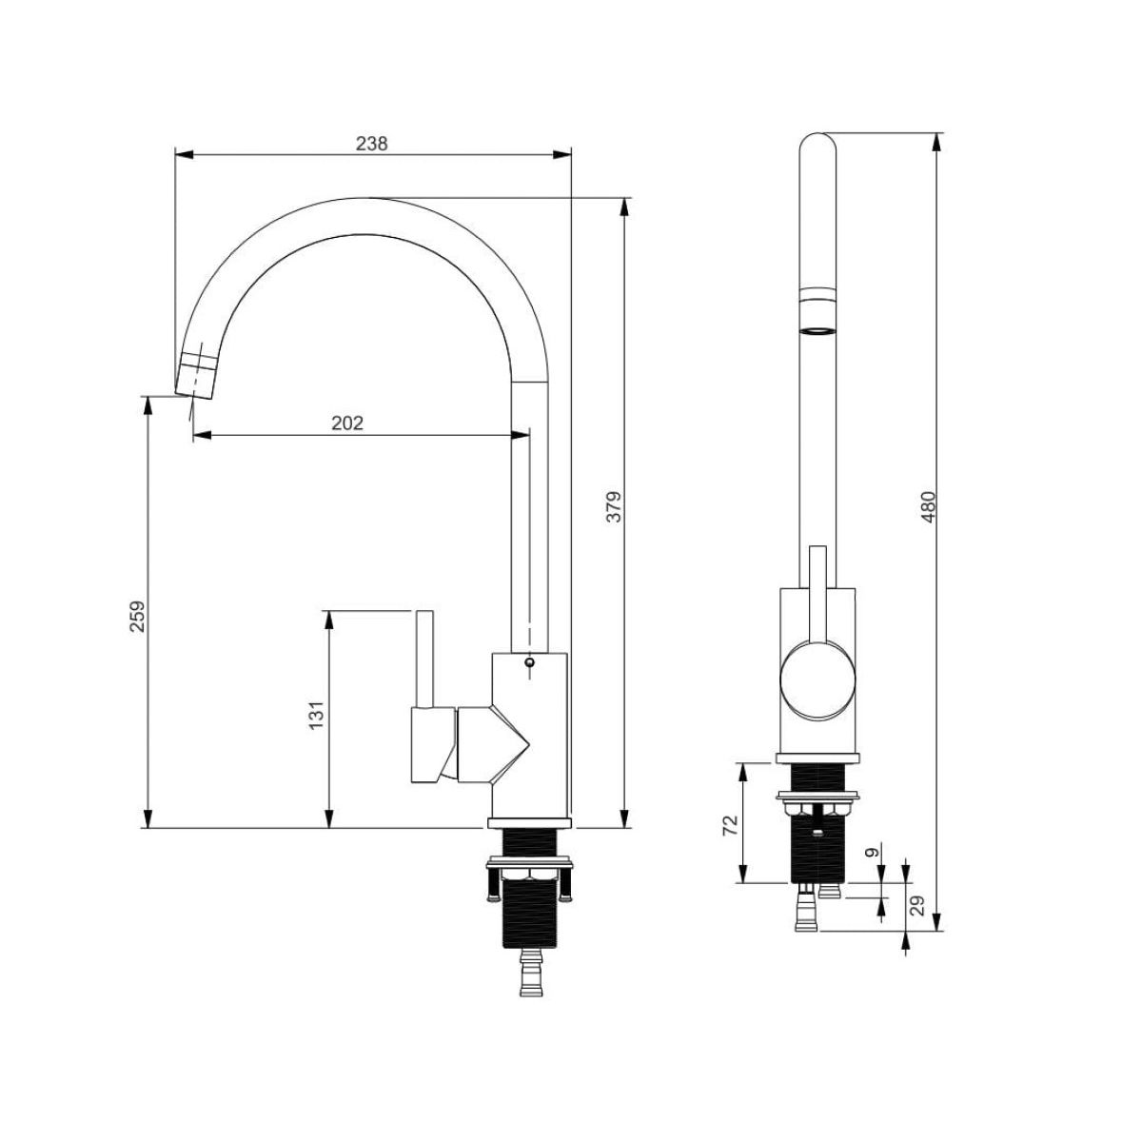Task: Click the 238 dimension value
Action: point(371,144)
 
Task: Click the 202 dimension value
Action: point(346,423)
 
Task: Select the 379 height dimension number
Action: point(615,506)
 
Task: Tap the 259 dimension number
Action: point(137,617)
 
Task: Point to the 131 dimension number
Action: point(317,715)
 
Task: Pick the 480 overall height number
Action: point(928,506)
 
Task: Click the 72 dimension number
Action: point(730,825)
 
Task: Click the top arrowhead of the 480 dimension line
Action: point(935,142)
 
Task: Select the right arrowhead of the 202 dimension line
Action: point(520,436)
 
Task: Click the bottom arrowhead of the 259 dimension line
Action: point(148,818)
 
